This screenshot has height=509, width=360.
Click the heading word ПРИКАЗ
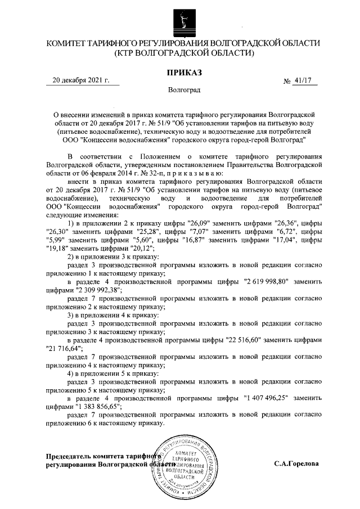183,73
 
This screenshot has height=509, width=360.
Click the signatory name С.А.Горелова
296,465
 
